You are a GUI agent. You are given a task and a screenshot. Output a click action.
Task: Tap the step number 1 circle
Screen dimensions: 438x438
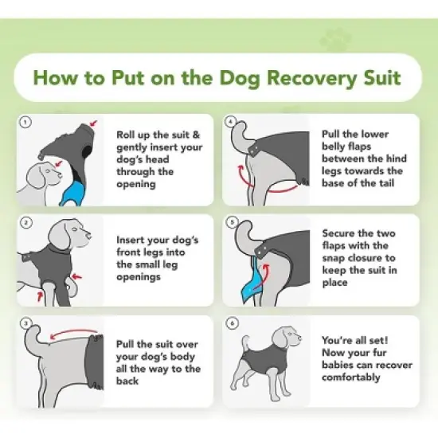[25, 123]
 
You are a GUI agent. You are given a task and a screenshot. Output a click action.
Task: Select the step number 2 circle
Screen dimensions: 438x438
[25, 223]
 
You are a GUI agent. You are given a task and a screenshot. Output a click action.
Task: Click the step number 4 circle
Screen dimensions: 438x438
[231, 123]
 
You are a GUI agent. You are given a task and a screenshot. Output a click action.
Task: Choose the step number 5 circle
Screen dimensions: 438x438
[231, 223]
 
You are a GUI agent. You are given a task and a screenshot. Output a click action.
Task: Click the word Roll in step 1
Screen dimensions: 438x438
[129, 135]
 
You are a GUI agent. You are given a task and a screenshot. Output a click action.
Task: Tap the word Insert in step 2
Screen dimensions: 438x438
[134, 240]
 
